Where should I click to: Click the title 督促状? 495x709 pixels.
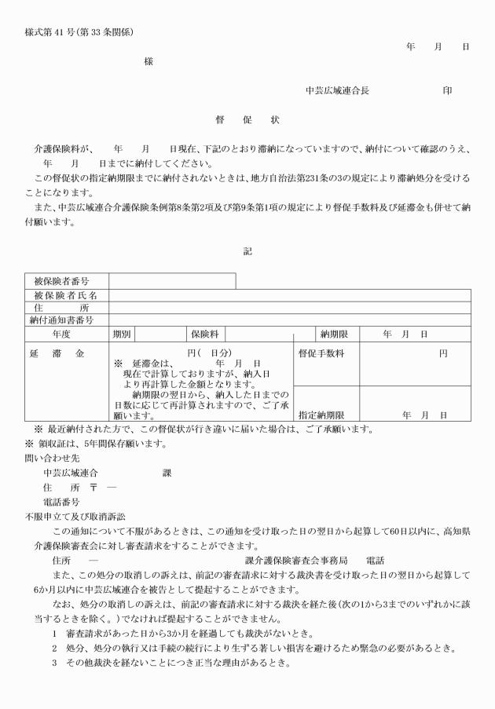247,121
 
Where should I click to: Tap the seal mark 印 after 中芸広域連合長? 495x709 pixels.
447,91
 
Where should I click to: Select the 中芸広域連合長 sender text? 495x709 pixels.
337,91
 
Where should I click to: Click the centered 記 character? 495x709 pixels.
247,251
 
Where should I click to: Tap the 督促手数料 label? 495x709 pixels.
321,354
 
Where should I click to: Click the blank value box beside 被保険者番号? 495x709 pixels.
172,281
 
